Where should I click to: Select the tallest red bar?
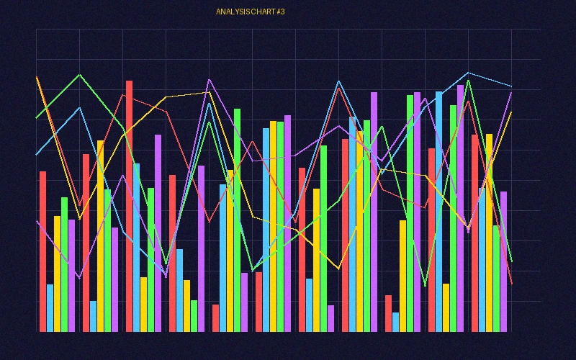coord(130,206)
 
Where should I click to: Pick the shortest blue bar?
coord(396,322)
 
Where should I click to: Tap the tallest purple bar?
coord(460,208)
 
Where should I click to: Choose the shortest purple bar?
coord(331,318)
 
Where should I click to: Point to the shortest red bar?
coord(216,318)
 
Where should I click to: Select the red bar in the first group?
coord(43,251)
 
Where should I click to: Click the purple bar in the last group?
coord(504,261)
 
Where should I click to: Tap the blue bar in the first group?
coord(50,307)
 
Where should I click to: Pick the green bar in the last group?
coord(496,278)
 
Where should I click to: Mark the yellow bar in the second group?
coord(101,235)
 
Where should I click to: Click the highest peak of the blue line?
coord(468,73)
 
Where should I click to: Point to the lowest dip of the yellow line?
coord(338,269)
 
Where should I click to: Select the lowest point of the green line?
coord(425,286)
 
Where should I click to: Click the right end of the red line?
coord(511,284)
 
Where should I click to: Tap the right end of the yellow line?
coord(511,112)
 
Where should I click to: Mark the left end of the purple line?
coord(37,221)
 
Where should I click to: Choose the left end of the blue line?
coord(37,155)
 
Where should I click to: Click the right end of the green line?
coord(511,261)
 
